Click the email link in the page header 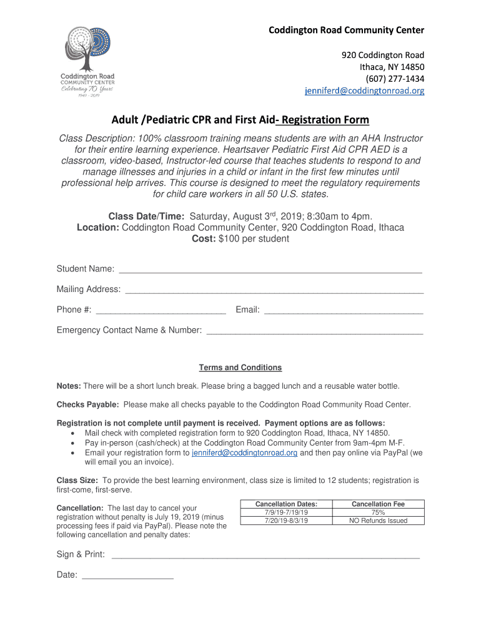pyautogui.click(x=364, y=91)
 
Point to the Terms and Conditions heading pyautogui.click(x=240, y=368)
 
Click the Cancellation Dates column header pyautogui.click(x=286, y=504)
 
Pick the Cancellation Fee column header pyautogui.click(x=378, y=504)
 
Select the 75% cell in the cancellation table pyautogui.click(x=378, y=512)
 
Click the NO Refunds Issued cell pyautogui.click(x=378, y=520)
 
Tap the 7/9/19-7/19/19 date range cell pyautogui.click(x=286, y=512)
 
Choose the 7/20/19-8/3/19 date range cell pyautogui.click(x=286, y=520)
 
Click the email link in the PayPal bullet pyautogui.click(x=244, y=453)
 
